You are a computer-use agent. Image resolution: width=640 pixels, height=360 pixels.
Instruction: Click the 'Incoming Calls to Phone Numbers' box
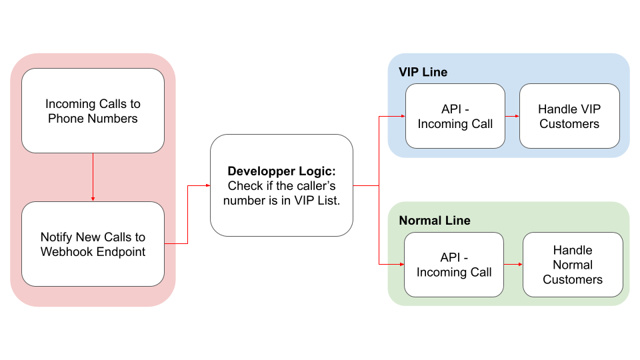(x=93, y=111)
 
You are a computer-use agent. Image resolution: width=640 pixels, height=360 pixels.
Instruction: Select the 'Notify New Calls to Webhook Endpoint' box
(x=93, y=244)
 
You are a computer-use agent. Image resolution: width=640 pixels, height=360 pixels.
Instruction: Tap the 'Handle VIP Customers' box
(x=569, y=116)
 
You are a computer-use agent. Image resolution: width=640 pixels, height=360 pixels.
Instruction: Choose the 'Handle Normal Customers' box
(x=573, y=265)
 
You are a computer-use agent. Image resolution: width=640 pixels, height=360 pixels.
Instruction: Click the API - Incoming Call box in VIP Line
(x=455, y=116)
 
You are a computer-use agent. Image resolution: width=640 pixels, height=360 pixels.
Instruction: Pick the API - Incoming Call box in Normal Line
(x=454, y=265)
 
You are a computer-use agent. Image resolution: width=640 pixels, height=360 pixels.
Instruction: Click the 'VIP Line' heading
(x=423, y=72)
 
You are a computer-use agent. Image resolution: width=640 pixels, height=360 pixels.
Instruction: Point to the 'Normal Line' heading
(x=435, y=221)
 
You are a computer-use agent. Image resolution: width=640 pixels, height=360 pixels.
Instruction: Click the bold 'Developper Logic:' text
(x=281, y=171)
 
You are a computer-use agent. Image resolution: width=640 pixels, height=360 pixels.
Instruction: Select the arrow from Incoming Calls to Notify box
(x=93, y=177)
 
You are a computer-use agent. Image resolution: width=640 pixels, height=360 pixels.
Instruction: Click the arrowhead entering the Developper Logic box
(x=208, y=186)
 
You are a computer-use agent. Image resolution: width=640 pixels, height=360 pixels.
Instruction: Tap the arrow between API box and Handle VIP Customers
(x=512, y=116)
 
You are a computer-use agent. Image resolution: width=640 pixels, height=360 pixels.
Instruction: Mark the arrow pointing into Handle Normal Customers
(x=513, y=265)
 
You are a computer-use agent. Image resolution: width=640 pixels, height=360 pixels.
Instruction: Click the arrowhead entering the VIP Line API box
(x=403, y=116)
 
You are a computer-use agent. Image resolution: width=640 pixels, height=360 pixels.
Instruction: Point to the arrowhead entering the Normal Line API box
(x=401, y=265)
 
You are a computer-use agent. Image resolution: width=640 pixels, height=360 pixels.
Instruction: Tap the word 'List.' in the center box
(x=329, y=201)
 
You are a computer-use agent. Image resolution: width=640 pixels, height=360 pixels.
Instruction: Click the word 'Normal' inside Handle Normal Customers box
(x=573, y=265)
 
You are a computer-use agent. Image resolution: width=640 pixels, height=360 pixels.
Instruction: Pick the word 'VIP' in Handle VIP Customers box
(x=590, y=109)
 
